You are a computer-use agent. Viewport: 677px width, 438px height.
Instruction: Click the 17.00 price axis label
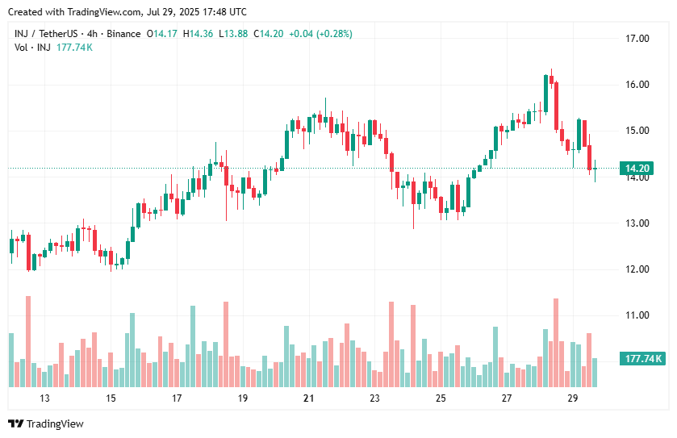[x=637, y=38]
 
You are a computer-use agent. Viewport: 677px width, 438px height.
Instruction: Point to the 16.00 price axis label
[x=637, y=85]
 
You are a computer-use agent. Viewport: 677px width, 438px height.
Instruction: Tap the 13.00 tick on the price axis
[x=637, y=223]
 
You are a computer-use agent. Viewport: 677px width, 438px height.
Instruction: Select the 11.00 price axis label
[x=637, y=315]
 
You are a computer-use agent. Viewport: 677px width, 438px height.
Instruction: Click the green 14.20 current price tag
[x=637, y=169]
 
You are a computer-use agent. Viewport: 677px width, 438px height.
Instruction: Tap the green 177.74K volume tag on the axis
[x=641, y=359]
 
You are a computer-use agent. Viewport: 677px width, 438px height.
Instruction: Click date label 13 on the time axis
[x=44, y=398]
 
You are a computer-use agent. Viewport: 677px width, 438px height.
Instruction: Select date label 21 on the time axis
[x=308, y=398]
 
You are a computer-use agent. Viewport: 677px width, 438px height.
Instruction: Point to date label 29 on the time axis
[x=572, y=398]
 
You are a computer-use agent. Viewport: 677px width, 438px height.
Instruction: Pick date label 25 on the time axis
[x=441, y=398]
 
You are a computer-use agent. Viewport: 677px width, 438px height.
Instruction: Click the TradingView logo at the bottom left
[x=46, y=423]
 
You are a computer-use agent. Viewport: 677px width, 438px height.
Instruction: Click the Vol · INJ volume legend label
[x=32, y=48]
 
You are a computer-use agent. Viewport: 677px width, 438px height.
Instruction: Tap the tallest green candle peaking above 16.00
[x=546, y=94]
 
